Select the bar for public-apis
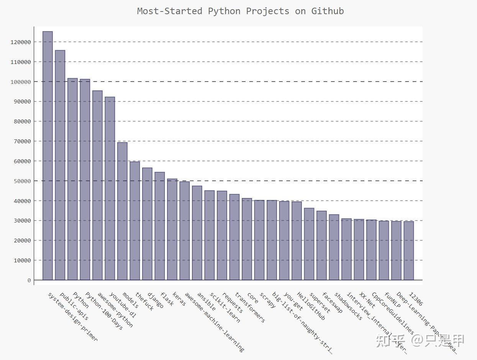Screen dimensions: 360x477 [x=60, y=165]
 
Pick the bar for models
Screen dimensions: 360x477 [x=122, y=211]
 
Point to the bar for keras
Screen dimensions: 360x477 [x=172, y=229]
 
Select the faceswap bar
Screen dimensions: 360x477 [x=321, y=245]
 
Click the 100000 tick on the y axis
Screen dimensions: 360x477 [x=21, y=82]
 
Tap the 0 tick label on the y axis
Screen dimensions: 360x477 [x=29, y=280]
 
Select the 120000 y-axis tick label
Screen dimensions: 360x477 [x=21, y=42]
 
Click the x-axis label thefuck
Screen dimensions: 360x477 [x=144, y=302]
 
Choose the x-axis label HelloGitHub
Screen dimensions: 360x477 [x=311, y=306]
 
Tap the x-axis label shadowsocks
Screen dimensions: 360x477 [x=348, y=306]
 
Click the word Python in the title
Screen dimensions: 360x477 [x=224, y=11]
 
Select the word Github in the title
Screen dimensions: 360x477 [x=327, y=11]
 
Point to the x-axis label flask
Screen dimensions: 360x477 [x=167, y=299]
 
